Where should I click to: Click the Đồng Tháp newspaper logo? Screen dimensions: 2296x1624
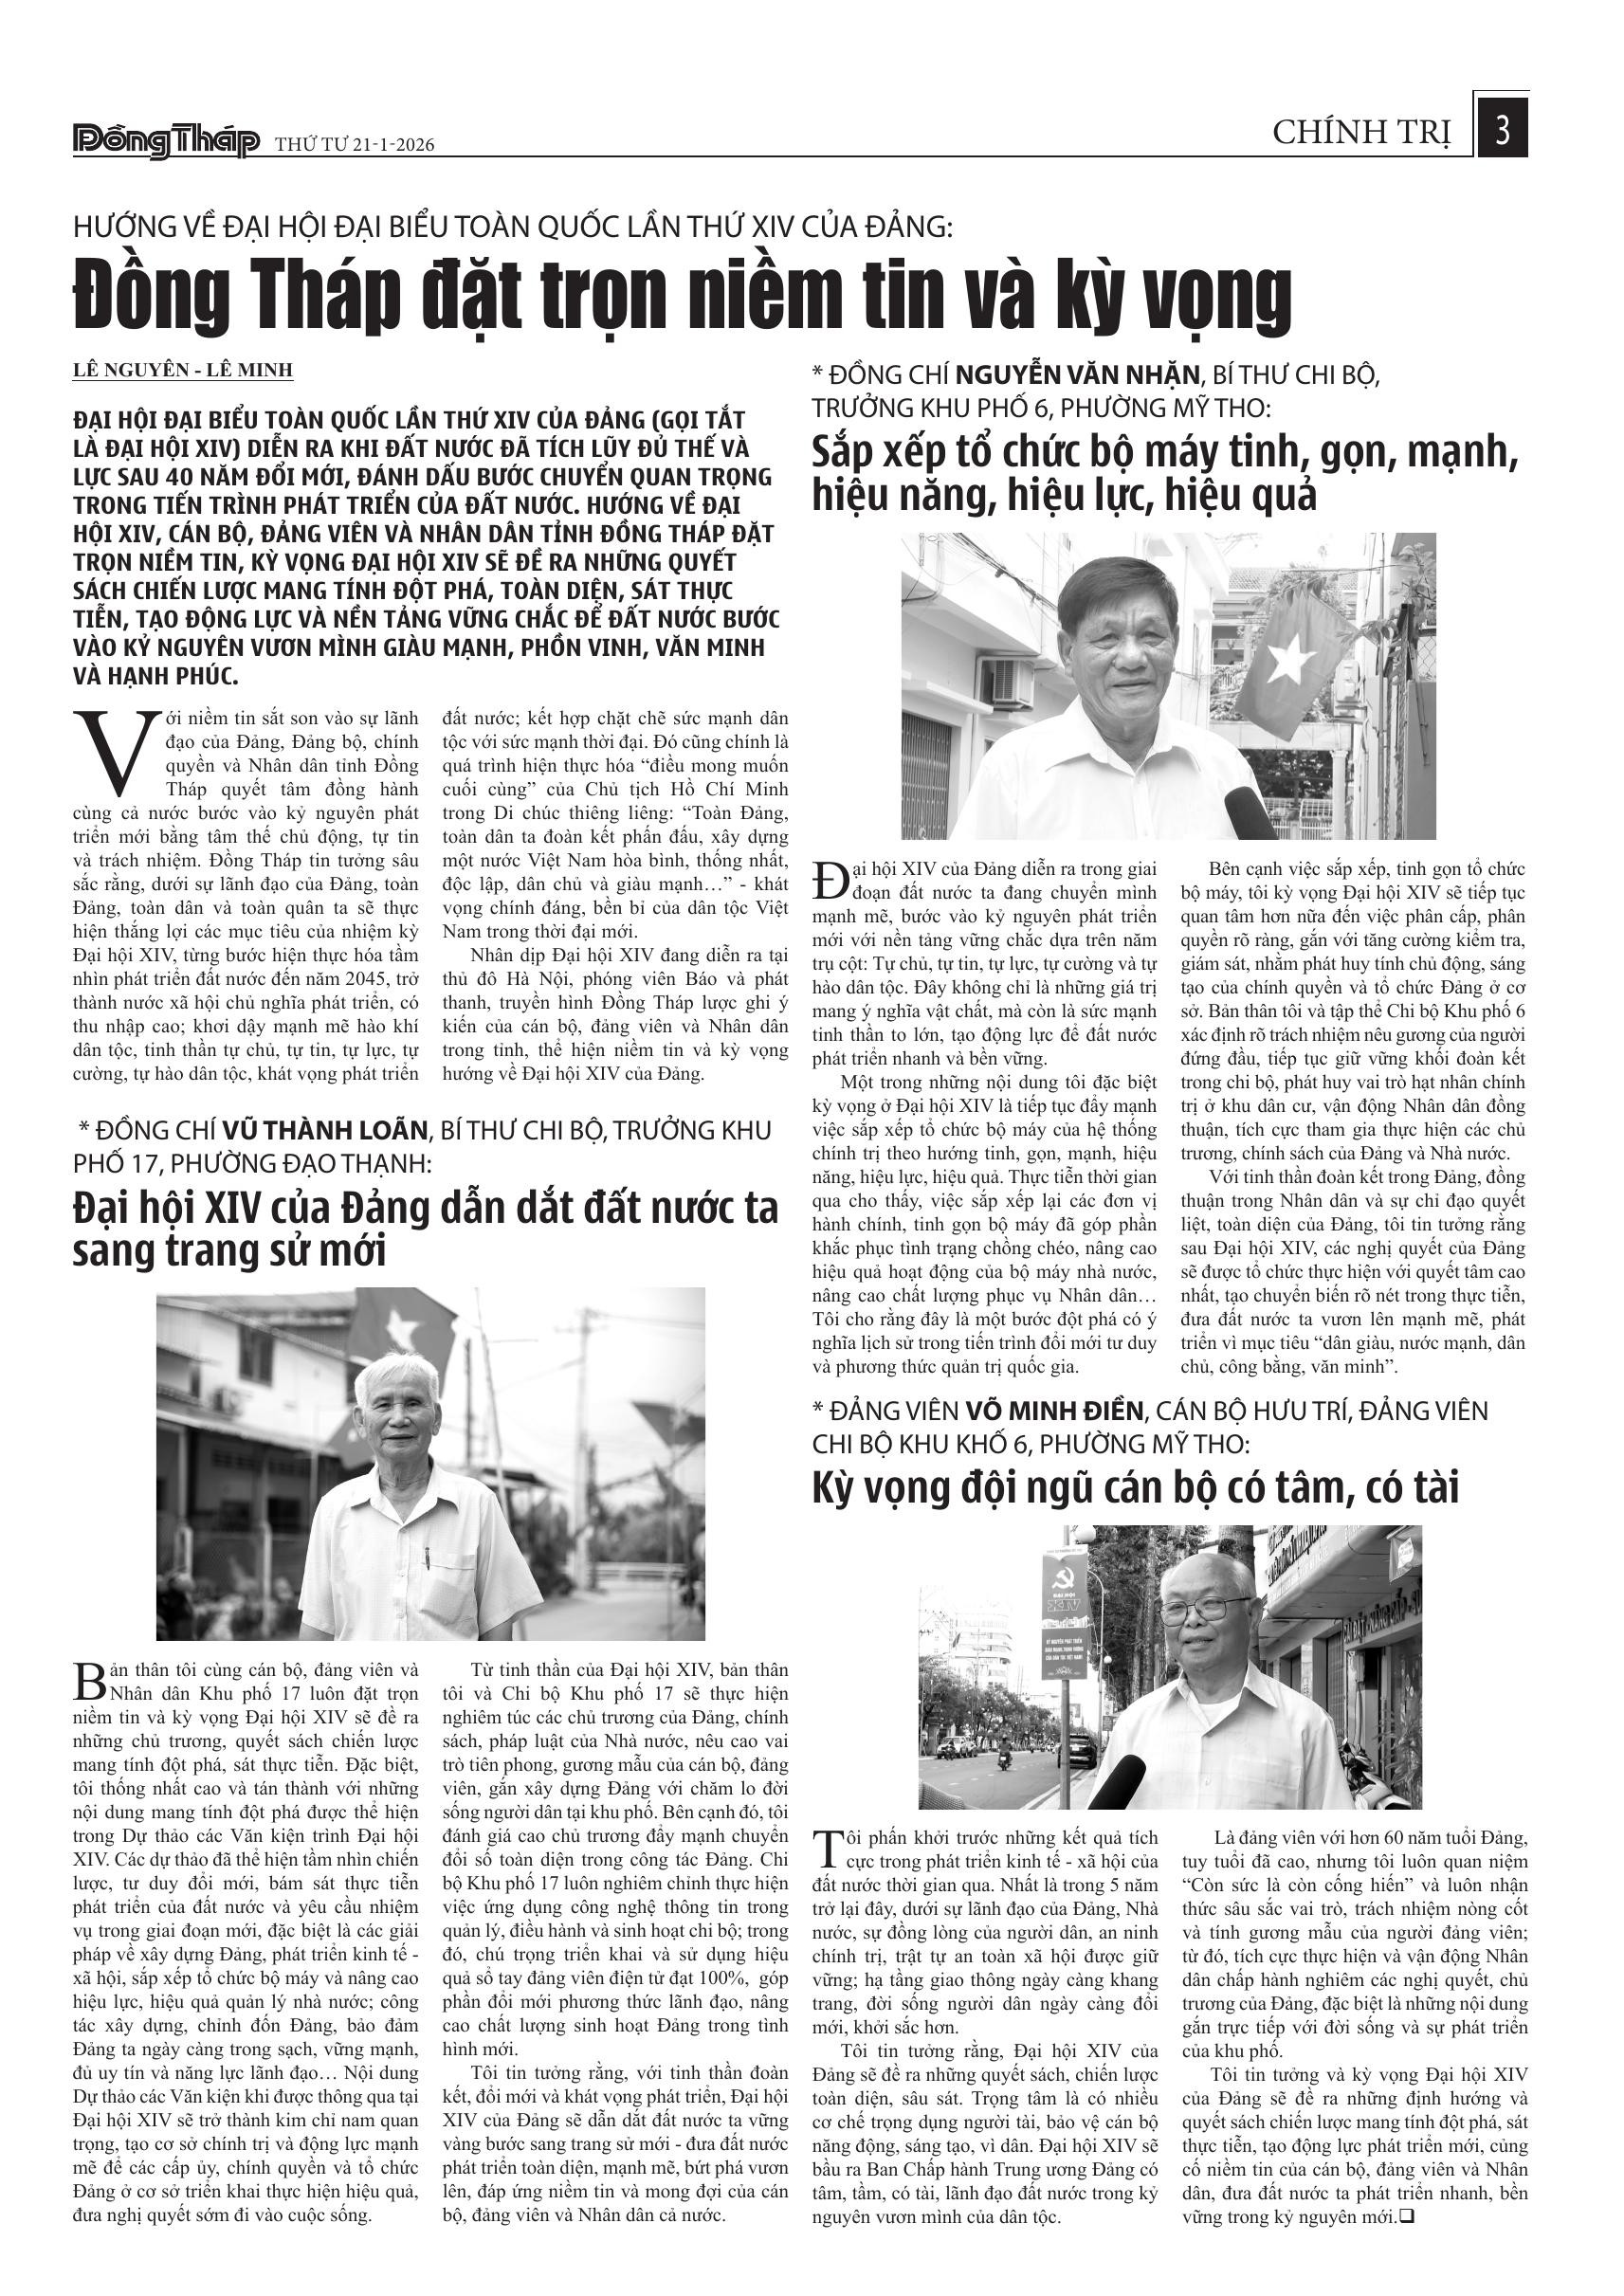coord(166,142)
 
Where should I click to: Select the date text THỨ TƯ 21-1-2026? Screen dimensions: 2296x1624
coord(354,146)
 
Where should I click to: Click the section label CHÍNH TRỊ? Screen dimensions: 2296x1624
coord(1361,132)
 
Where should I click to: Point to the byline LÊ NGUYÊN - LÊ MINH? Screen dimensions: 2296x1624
coord(183,370)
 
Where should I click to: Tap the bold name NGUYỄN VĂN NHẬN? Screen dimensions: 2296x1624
coord(1077,375)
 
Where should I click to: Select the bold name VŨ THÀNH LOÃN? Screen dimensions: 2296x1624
coord(324,1130)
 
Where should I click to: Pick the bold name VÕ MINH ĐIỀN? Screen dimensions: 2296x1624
coord(1053,1410)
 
